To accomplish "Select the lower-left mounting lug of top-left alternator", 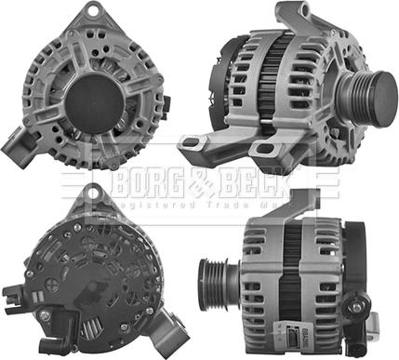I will coord(20,144).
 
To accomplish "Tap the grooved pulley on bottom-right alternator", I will coord(217,278).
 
